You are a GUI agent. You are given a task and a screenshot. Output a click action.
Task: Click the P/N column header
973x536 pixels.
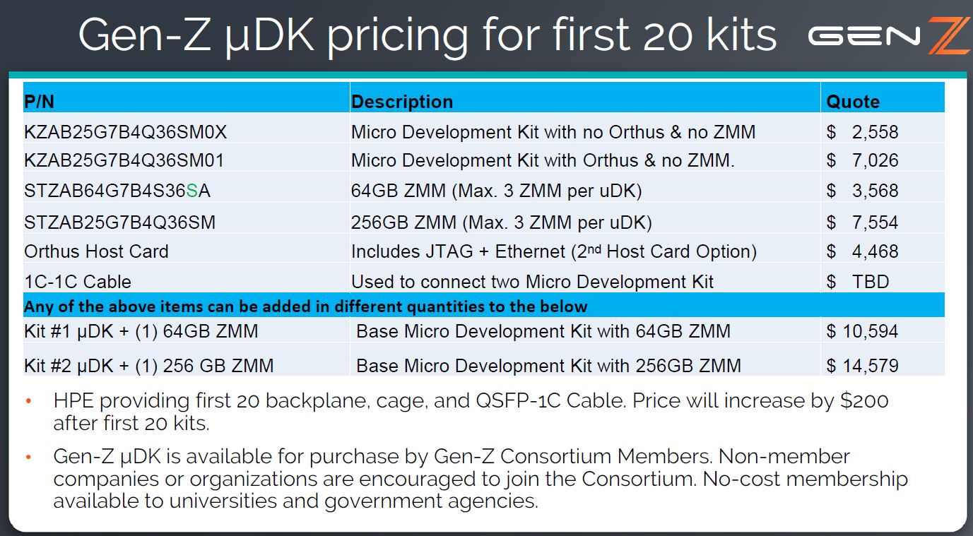39,102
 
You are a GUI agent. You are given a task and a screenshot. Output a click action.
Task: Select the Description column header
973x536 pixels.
401,102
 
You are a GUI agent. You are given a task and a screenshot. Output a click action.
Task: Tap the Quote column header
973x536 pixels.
853,102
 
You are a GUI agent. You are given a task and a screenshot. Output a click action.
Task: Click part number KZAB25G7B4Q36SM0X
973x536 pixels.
125,132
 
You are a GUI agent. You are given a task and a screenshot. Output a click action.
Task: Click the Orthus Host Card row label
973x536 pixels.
96,251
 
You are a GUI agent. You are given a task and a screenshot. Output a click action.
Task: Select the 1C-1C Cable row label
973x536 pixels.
78,282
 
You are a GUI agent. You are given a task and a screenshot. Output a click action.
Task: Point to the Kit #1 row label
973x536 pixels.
141,330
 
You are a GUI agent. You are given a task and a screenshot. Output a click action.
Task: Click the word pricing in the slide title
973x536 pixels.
397,35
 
